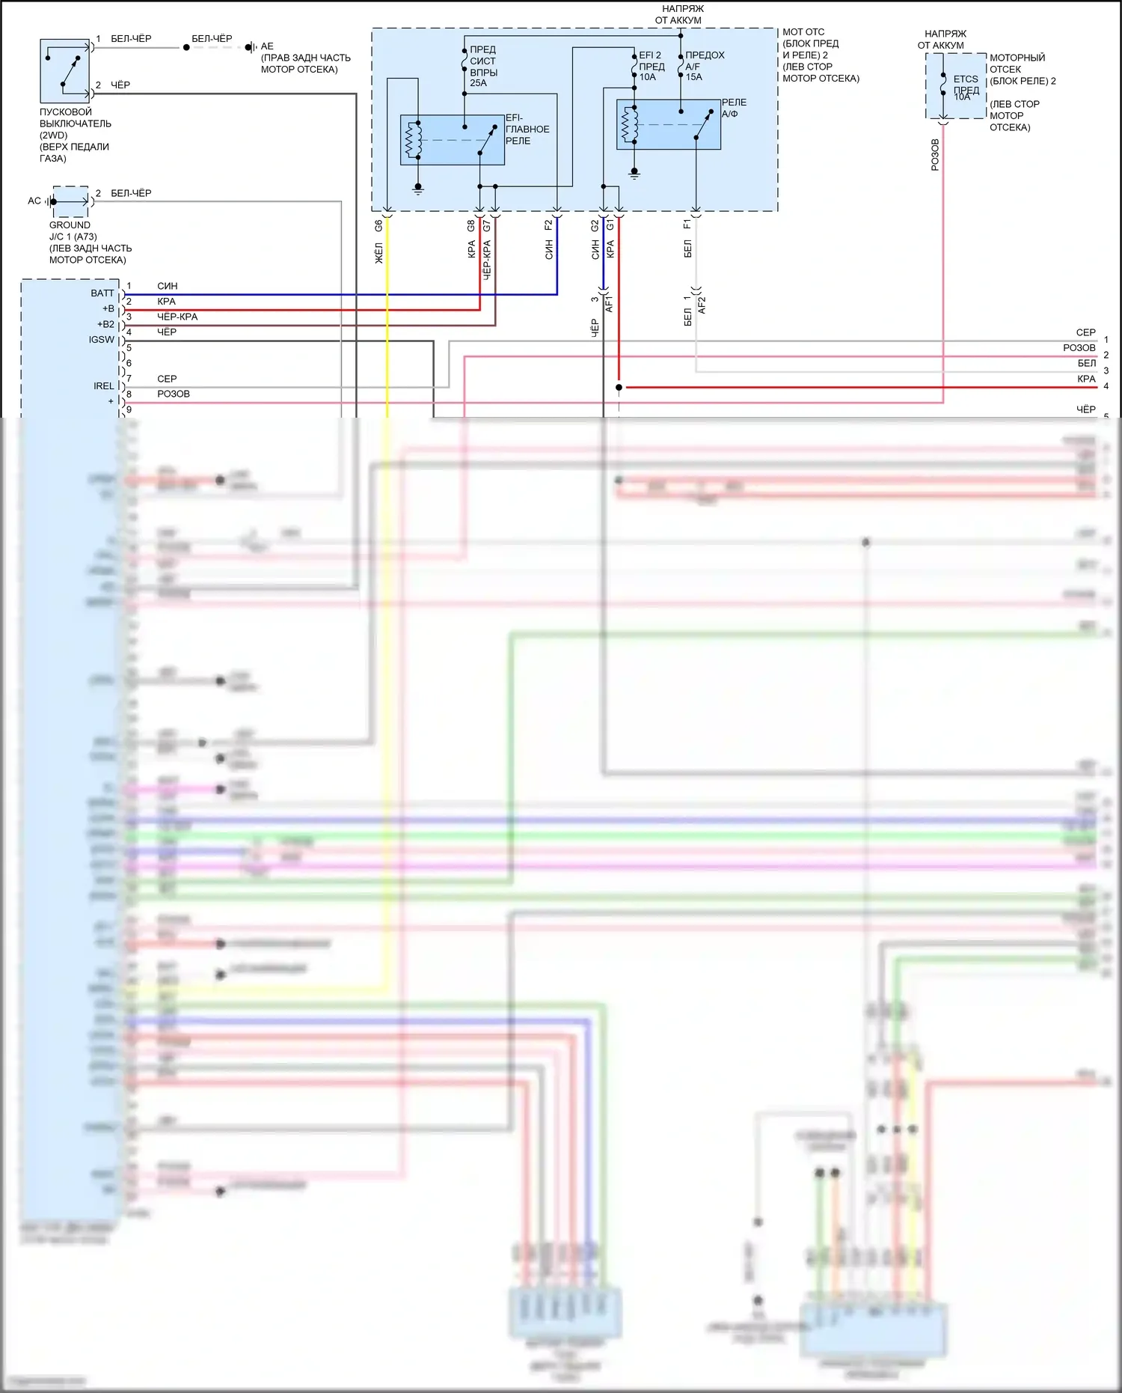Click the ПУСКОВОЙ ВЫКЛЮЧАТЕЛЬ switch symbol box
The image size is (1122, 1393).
pos(64,70)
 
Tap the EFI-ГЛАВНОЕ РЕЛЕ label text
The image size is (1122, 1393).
pos(527,129)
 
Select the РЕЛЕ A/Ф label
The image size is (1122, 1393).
pos(733,108)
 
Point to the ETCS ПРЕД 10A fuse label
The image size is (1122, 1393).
pos(966,88)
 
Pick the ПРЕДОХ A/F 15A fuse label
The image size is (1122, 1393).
pos(704,66)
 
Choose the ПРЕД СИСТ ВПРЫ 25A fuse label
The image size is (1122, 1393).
pos(483,66)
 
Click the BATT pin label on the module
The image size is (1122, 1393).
pos(102,293)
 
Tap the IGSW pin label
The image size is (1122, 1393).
pos(102,340)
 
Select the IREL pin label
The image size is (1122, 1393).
pos(104,386)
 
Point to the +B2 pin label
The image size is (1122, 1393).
pos(105,324)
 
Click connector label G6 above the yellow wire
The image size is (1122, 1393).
pos(378,225)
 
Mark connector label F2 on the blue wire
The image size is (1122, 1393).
pos(548,225)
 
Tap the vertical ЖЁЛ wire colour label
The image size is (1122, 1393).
pos(378,253)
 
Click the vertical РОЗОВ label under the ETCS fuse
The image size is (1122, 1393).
pos(935,155)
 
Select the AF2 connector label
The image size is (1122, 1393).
pos(702,305)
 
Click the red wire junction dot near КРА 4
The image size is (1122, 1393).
pos(619,387)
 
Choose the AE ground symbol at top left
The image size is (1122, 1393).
pos(251,47)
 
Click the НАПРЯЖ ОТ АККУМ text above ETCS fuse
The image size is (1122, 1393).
pos(942,39)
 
